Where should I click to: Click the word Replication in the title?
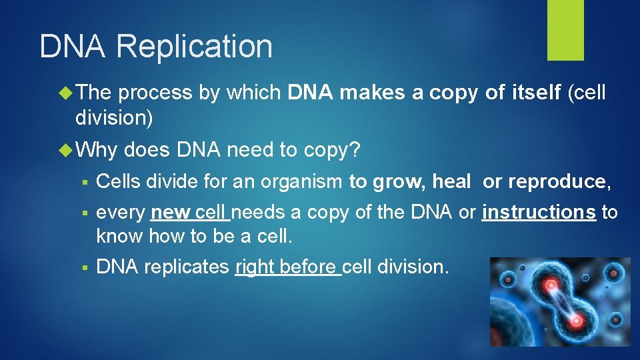click(x=194, y=47)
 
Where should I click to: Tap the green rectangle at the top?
click(x=565, y=30)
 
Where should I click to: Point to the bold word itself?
click(x=535, y=93)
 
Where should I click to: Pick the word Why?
click(x=96, y=150)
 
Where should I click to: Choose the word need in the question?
click(x=250, y=150)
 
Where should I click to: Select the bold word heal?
click(x=452, y=181)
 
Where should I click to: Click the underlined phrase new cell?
click(x=189, y=213)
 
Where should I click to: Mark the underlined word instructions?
click(x=539, y=213)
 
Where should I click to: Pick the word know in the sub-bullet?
click(x=120, y=236)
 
